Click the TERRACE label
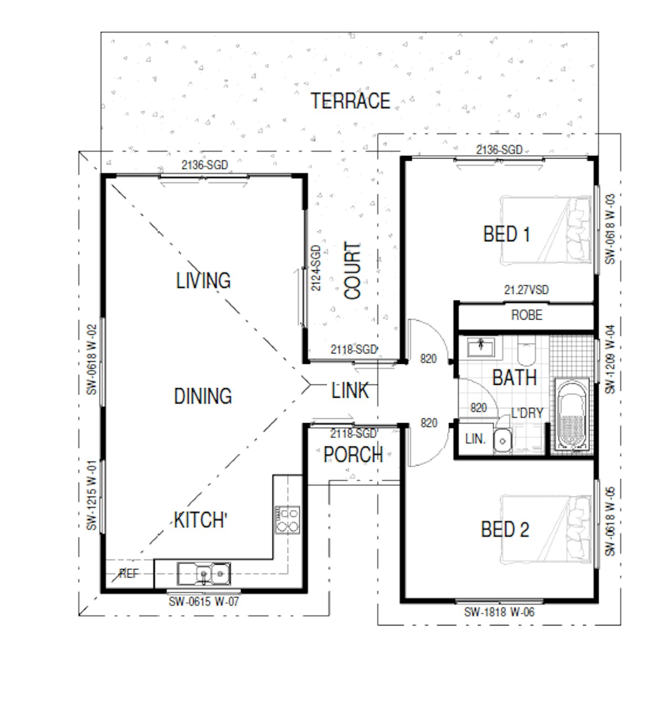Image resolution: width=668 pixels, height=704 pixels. [x=350, y=101]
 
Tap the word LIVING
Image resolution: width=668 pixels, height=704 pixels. [x=203, y=280]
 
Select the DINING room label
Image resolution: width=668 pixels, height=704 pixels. [x=203, y=396]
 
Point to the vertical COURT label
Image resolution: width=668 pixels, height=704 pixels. [x=352, y=270]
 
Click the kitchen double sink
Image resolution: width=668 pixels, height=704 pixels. [x=204, y=574]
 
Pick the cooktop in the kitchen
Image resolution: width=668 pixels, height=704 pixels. [x=287, y=519]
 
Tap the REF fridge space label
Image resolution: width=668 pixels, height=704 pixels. [x=129, y=573]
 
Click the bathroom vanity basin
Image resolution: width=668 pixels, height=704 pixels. [x=480, y=347]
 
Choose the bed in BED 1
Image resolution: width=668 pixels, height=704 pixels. [x=545, y=230]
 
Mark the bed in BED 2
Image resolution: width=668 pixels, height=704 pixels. [x=545, y=530]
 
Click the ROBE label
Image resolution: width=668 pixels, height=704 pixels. [x=526, y=315]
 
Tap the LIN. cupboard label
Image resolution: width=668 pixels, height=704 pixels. [x=475, y=439]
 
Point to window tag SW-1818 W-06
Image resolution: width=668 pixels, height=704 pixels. [x=499, y=612]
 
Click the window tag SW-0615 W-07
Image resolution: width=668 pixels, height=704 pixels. [x=204, y=601]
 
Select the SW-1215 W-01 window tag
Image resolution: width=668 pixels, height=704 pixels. [x=92, y=495]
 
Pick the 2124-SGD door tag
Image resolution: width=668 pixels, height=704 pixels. [x=316, y=268]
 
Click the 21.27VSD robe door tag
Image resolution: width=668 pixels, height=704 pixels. [x=526, y=290]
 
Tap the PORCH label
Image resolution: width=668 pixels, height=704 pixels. [x=353, y=455]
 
